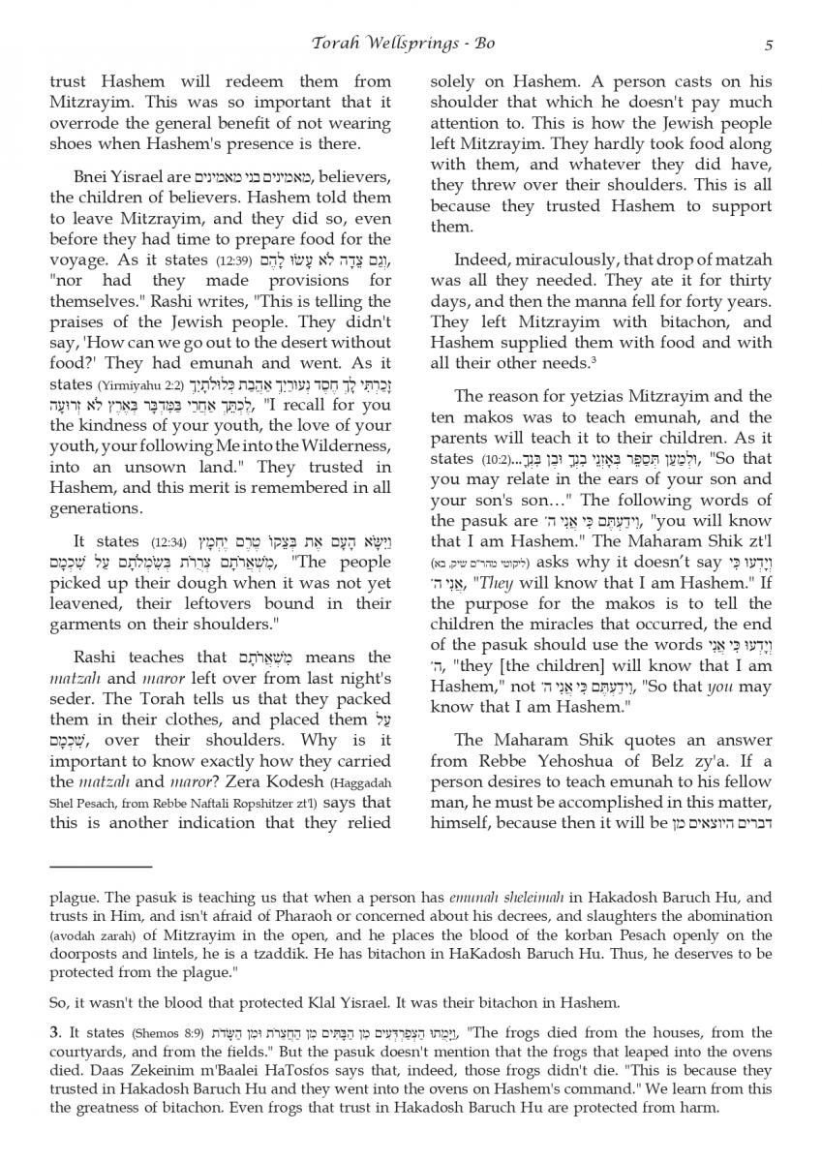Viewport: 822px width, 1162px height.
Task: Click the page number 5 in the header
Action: (x=768, y=45)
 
